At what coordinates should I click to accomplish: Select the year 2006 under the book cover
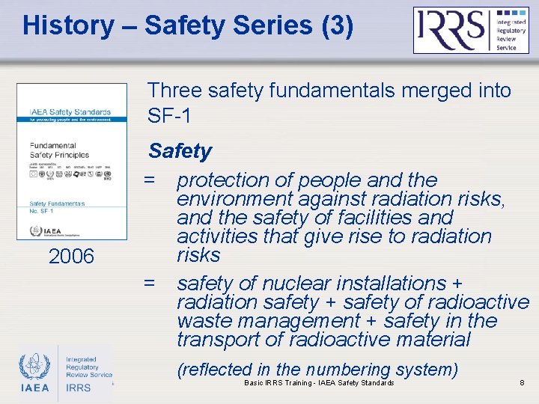point(71,257)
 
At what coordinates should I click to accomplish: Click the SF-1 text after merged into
point(170,116)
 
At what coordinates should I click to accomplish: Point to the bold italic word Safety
point(180,151)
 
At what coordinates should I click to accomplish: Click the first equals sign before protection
point(150,180)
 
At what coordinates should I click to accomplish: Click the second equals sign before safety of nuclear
point(150,284)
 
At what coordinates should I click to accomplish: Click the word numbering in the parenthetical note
point(344,370)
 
